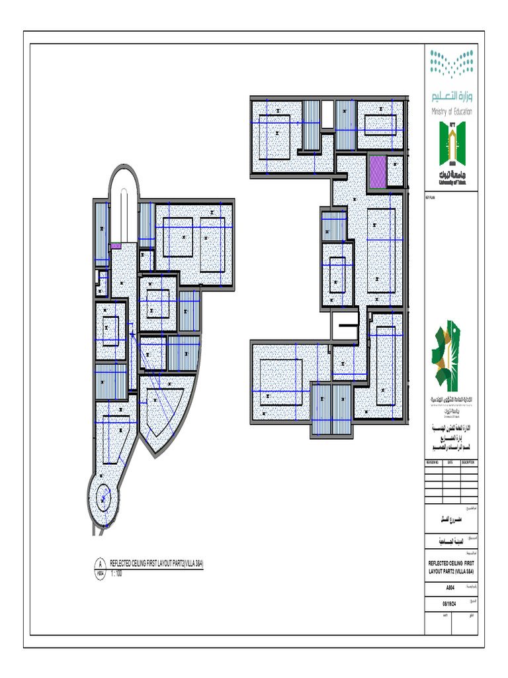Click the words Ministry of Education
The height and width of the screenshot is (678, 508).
pyautogui.click(x=452, y=112)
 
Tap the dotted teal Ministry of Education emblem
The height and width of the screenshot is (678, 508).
pyautogui.click(x=452, y=65)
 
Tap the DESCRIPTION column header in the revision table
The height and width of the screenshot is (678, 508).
pyautogui.click(x=469, y=462)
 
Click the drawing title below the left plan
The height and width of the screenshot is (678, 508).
pyautogui.click(x=156, y=563)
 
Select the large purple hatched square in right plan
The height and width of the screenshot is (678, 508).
pyautogui.click(x=377, y=171)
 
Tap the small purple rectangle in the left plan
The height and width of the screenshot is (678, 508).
pyautogui.click(x=116, y=246)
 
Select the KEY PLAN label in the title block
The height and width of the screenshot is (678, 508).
pyautogui.click(x=430, y=195)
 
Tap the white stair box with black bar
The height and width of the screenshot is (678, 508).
pyautogui.click(x=346, y=325)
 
